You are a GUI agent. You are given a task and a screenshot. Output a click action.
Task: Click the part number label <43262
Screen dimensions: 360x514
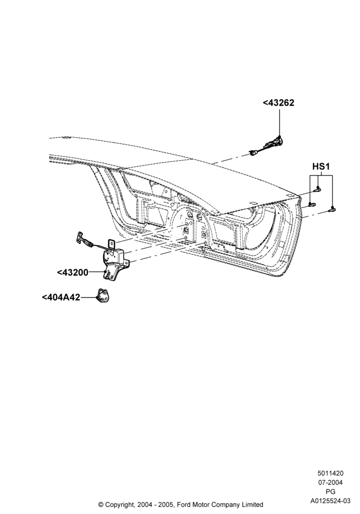click(278, 103)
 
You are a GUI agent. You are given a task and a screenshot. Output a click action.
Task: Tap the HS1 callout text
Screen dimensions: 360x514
click(321, 167)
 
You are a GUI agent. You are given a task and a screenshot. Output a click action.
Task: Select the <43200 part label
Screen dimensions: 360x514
click(73, 272)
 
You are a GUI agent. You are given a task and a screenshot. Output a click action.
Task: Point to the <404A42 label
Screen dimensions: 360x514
click(61, 297)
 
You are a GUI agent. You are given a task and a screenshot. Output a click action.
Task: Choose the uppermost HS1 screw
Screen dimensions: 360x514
click(318, 189)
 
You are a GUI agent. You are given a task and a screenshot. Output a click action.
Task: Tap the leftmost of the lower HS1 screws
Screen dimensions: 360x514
click(312, 205)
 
